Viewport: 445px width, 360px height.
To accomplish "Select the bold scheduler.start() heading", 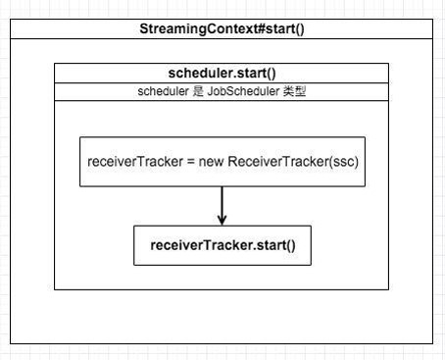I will (222, 74).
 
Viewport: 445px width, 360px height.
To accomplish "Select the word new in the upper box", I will (212, 161).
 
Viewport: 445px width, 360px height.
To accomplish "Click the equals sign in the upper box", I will (191, 161).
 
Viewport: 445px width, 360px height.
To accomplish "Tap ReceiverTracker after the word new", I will (279, 161).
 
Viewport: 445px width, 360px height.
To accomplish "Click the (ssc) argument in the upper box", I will (346, 161).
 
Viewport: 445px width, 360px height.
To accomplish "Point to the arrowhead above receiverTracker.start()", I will (222, 219).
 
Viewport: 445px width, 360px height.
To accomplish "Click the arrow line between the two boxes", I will (222, 200).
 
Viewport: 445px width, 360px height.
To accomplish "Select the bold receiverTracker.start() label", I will (222, 244).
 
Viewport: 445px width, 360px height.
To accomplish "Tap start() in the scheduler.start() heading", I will (252, 74).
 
